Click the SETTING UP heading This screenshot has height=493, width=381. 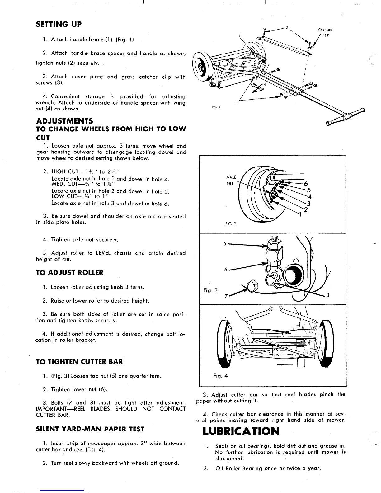pyautogui.click(x=59, y=24)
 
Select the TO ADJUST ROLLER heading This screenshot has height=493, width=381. pyautogui.click(x=70, y=273)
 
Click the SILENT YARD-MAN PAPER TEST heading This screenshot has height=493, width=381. pyautogui.click(x=90, y=429)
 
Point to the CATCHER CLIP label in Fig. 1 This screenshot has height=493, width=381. pyautogui.click(x=325, y=32)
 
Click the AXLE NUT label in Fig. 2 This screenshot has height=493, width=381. pyautogui.click(x=231, y=181)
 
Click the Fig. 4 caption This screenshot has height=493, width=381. pyautogui.click(x=220, y=376)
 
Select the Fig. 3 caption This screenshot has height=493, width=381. pyautogui.click(x=210, y=290)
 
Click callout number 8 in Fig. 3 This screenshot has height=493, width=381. pyautogui.click(x=328, y=295)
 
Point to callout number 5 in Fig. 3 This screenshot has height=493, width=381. pyautogui.click(x=225, y=243)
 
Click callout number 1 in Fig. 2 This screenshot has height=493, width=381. pyautogui.click(x=300, y=215)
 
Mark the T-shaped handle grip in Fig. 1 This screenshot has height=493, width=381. pyautogui.click(x=346, y=117)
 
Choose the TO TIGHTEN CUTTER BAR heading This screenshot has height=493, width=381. pyautogui.click(x=79, y=362)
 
